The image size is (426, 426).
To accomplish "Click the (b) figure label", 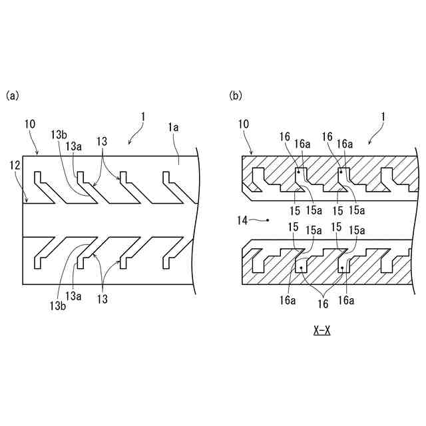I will (236, 96).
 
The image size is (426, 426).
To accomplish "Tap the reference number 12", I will (15, 164).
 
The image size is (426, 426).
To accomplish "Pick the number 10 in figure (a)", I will (29, 124).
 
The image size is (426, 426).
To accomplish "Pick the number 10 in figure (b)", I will (243, 124).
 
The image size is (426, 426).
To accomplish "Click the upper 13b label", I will (59, 133).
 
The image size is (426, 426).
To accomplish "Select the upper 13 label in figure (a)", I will (101, 141).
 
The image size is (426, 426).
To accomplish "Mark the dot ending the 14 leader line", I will (268, 219).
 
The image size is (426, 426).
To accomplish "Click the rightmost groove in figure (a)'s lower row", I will (170, 250).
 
